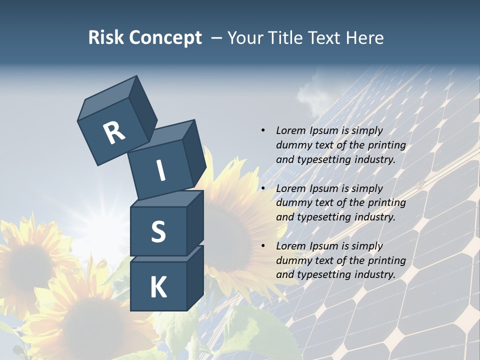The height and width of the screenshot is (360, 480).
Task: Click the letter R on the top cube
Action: (x=114, y=132)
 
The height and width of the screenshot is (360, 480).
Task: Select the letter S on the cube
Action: (x=158, y=231)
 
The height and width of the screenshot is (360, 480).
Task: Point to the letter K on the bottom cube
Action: (x=158, y=287)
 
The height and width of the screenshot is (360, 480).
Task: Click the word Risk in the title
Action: (x=106, y=37)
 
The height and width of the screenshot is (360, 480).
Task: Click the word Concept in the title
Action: (x=165, y=38)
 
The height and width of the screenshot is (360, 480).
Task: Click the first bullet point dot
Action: (x=263, y=130)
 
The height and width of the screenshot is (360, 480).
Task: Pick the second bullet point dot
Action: (x=263, y=188)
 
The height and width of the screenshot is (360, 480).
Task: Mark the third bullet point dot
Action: (x=263, y=246)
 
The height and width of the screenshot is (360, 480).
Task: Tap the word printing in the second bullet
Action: (x=386, y=203)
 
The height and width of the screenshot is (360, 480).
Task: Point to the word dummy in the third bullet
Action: (x=292, y=260)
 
